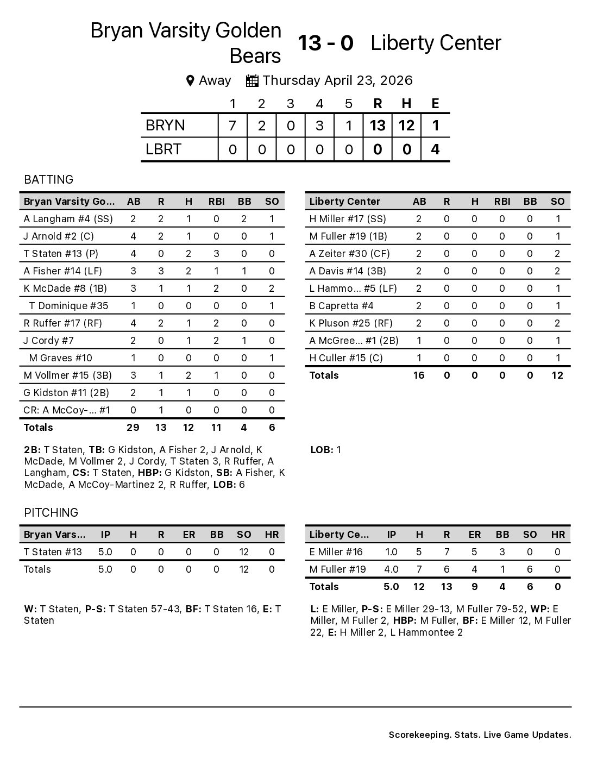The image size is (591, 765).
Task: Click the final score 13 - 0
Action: coord(325,43)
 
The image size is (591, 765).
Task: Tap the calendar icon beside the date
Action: coord(252,80)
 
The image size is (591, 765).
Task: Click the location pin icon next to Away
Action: coord(190,81)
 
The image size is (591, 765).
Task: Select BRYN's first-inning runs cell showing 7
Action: coord(232,126)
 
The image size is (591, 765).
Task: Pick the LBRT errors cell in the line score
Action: coord(435,149)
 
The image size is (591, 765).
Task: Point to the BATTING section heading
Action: coord(48,179)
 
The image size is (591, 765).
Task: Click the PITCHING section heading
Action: coord(51,512)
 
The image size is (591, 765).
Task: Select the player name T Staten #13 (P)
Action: coord(61,253)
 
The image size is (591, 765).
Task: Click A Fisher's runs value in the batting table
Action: coord(161,271)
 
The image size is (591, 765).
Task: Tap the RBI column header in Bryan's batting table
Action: coord(216,201)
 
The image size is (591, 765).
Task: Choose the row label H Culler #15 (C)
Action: coord(346,358)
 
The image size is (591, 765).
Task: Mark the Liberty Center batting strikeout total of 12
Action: coord(557,375)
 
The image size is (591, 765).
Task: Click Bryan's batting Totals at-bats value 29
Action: coord(133,427)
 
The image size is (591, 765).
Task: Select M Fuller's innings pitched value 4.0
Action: coord(391,569)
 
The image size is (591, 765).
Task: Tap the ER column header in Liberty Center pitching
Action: coord(474,534)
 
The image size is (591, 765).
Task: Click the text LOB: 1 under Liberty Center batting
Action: coord(326,449)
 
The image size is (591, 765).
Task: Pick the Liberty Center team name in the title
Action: coord(436,43)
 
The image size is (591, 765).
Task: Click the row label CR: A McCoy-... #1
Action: coord(67,410)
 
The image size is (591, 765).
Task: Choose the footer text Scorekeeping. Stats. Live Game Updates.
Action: coord(480,735)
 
